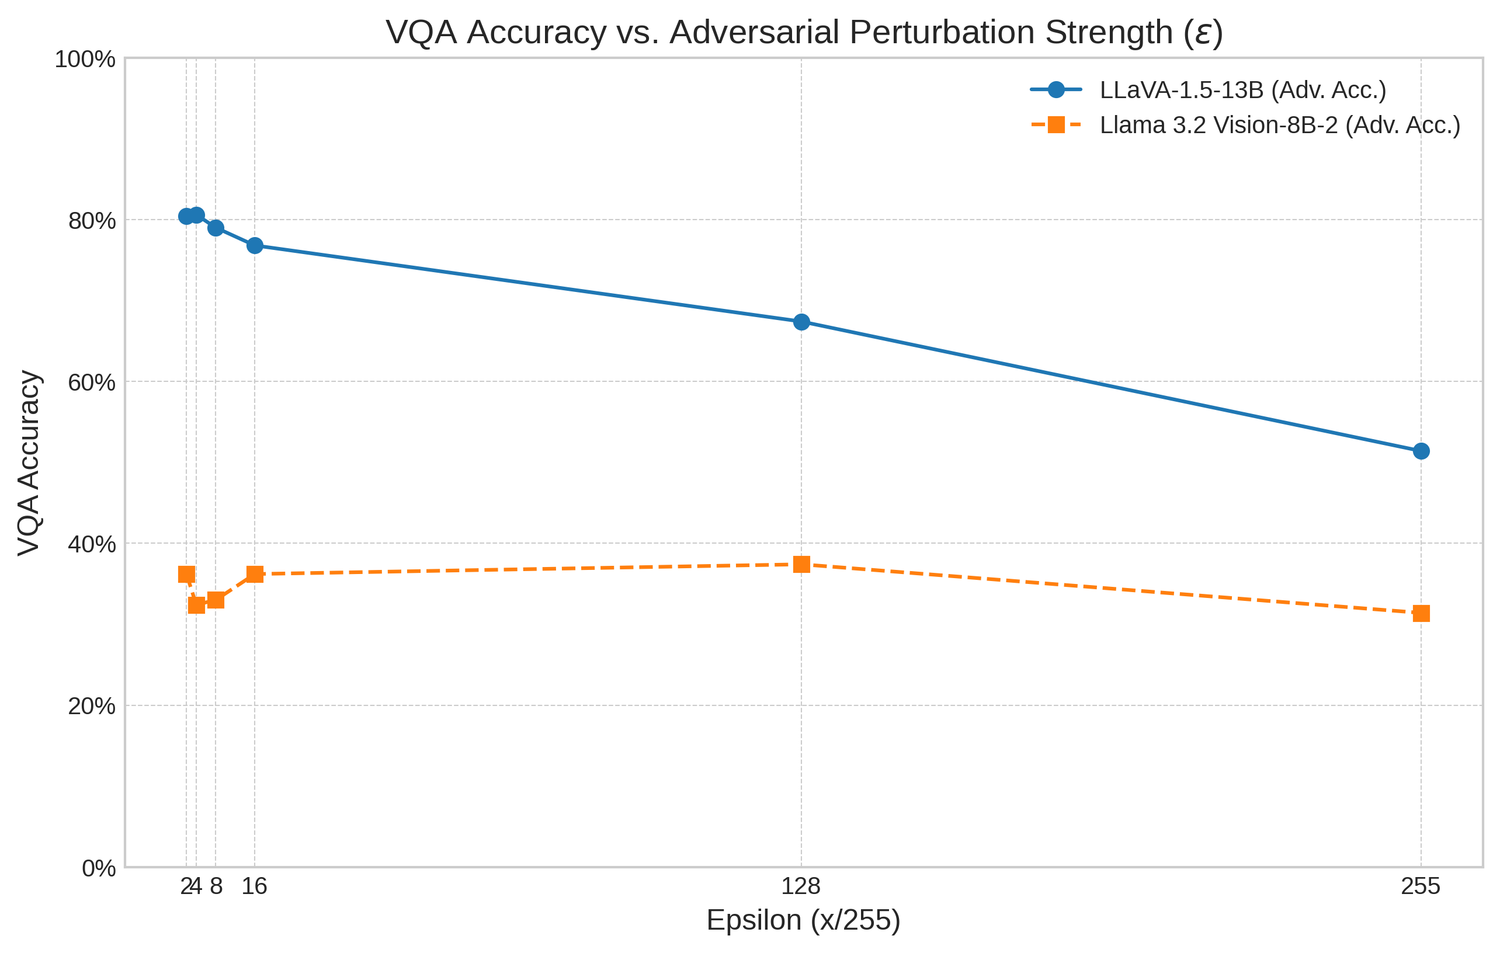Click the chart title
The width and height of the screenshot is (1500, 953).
coord(804,32)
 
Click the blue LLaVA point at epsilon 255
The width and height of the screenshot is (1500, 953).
coord(1421,451)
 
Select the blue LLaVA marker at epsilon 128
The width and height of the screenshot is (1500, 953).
coord(802,322)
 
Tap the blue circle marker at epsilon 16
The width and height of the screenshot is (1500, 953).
coord(255,245)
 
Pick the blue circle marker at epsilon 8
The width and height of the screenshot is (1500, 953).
coord(216,228)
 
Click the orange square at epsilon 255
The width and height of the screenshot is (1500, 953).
coord(1421,614)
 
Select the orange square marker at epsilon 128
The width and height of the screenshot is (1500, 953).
coord(802,564)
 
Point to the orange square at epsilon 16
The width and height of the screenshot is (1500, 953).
coord(255,574)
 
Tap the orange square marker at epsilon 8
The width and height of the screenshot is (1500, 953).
coord(216,600)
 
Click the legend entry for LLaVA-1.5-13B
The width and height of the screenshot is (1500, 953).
coord(1243,91)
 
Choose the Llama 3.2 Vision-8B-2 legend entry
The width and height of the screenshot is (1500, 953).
coord(1279,125)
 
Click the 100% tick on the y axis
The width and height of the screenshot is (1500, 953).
coord(85,60)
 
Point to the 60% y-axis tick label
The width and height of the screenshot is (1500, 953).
coord(92,382)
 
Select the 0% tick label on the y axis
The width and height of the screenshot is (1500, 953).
coord(98,868)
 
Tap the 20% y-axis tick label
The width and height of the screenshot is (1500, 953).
coord(92,707)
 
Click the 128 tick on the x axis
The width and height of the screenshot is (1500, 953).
coord(801,886)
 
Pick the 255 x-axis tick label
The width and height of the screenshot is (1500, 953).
coord(1420,886)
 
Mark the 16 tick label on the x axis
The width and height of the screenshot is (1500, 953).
coord(254,886)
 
